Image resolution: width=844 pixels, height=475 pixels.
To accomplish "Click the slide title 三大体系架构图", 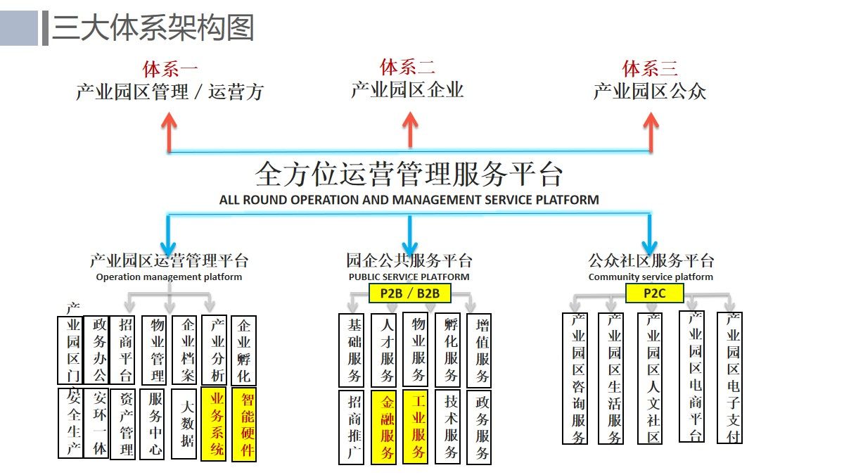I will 153,29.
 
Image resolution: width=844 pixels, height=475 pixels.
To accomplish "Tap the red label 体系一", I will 170,69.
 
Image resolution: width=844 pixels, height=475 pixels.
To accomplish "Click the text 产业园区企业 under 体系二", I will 407,90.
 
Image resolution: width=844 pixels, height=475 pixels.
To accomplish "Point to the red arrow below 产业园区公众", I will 650,131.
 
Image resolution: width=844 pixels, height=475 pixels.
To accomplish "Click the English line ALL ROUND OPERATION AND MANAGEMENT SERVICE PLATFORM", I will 409,200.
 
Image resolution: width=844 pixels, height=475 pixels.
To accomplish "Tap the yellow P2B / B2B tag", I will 410,293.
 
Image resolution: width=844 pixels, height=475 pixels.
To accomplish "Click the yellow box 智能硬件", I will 244,424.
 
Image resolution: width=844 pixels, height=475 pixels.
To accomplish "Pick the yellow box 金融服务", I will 387,427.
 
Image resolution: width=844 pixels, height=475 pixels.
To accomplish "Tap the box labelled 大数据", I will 184,423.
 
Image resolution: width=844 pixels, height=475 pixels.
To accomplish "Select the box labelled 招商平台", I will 125,350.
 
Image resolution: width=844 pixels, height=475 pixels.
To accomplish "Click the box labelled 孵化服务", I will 448,349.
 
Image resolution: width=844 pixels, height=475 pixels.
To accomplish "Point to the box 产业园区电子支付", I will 729,378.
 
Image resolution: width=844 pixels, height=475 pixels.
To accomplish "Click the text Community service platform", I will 651,277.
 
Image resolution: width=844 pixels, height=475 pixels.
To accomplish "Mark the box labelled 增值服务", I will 479,350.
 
